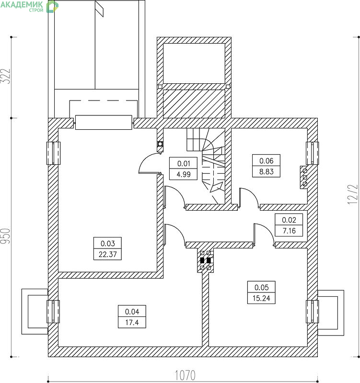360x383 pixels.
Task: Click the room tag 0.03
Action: click(107, 243)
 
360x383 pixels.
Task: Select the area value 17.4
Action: click(132, 322)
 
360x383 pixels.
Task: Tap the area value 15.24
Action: click(261, 298)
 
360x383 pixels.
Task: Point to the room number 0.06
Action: click(267, 161)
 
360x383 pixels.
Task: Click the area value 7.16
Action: click(289, 231)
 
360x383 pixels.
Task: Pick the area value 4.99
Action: click(184, 174)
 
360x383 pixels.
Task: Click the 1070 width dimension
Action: click(186, 375)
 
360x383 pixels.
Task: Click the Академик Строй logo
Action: click(29, 6)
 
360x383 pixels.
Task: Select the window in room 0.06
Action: click(313, 153)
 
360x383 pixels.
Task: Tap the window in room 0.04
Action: click(53, 312)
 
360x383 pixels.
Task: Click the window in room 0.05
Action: click(313, 312)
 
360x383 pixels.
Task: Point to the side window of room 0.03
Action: click(53, 153)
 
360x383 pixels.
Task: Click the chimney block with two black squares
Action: click(206, 260)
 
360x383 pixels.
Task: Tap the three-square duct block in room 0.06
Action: click(304, 177)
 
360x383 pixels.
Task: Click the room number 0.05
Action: click(261, 287)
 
